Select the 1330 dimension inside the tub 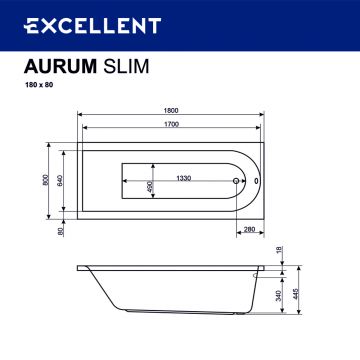pos(184,180)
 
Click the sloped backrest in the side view pos(95,296)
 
